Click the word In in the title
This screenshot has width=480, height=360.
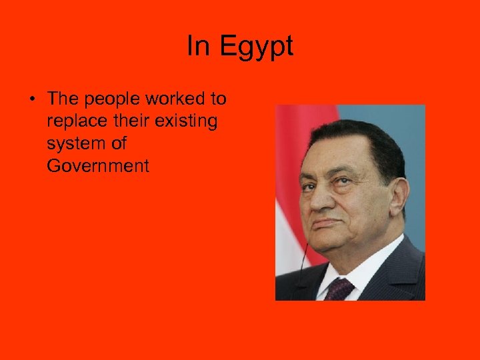tap(198, 46)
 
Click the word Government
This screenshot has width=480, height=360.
tap(98, 165)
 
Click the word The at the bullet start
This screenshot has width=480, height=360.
tap(63, 99)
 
